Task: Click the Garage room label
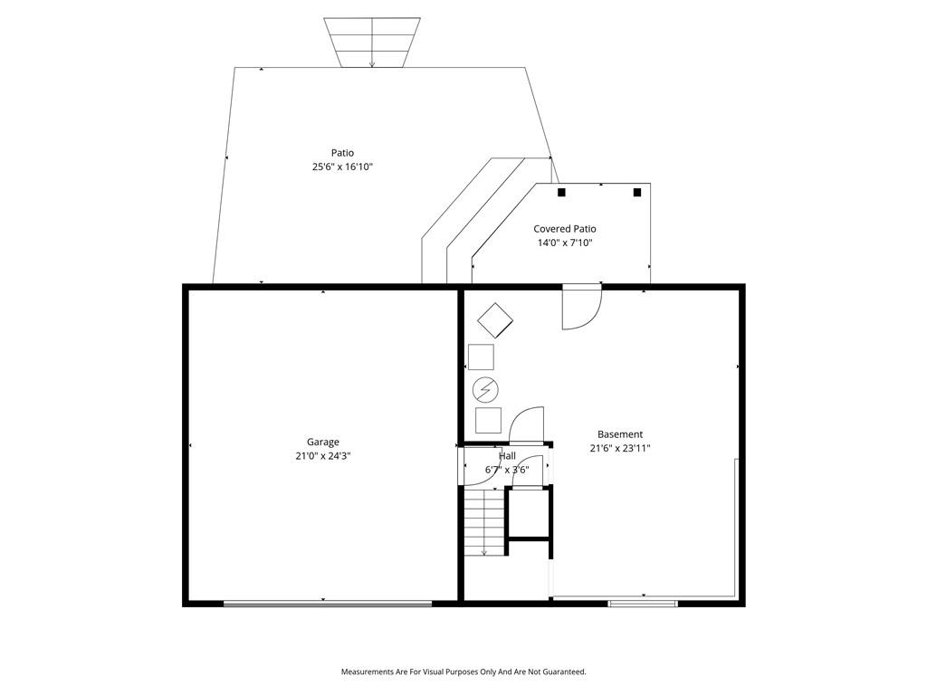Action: point(323,442)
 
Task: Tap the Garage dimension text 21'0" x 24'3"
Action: point(323,456)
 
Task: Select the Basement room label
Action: point(619,434)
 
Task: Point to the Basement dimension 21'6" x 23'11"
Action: point(619,448)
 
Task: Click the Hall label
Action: point(507,456)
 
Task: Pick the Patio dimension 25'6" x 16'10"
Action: point(342,167)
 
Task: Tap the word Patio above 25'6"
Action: point(342,153)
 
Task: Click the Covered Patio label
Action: point(565,229)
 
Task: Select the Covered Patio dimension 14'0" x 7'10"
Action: point(565,243)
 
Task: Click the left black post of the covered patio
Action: point(561,192)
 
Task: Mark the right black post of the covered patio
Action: point(637,192)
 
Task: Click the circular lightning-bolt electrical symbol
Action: point(485,389)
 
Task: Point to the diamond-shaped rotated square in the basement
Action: point(495,320)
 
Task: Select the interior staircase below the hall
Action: point(484,520)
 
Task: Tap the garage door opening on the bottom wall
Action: point(328,604)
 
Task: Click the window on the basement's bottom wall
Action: point(643,604)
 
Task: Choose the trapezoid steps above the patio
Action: point(372,43)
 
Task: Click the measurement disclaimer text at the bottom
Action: point(463,672)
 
